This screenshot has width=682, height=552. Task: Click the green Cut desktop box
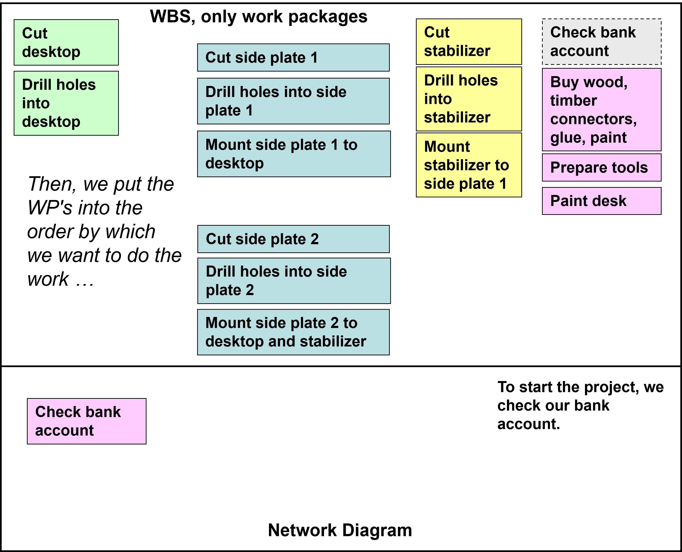[66, 42]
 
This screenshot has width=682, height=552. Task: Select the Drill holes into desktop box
[66, 103]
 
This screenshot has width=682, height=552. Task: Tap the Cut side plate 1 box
[293, 58]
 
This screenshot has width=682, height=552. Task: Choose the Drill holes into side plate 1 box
[293, 101]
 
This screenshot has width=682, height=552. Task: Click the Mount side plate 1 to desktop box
[294, 154]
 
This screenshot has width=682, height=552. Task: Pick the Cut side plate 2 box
[293, 239]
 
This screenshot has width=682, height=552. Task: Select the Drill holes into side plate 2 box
[294, 281]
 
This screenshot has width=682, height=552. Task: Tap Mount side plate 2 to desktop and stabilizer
[293, 332]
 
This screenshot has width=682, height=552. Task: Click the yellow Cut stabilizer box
[469, 42]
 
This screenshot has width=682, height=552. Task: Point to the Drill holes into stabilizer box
[469, 99]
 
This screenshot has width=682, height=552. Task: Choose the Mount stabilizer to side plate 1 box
[469, 165]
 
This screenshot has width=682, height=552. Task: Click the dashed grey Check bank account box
[602, 42]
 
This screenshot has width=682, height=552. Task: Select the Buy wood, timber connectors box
[602, 110]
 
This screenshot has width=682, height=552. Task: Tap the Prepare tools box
[602, 168]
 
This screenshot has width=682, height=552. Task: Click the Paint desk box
[602, 201]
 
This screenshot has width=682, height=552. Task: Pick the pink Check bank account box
[86, 421]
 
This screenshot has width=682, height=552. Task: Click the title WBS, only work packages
[258, 17]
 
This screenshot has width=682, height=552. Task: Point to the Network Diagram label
[340, 530]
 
